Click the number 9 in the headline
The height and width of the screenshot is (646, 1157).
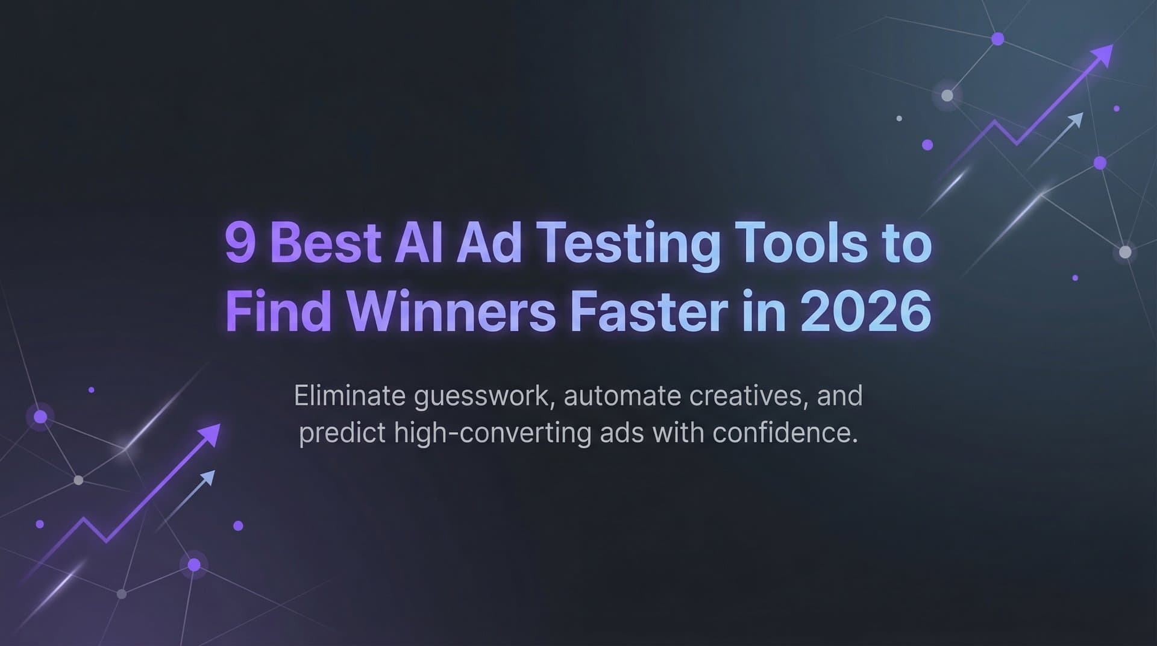click(x=239, y=244)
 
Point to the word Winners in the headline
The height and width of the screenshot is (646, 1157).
click(x=451, y=312)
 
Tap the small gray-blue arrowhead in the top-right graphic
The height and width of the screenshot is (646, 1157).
click(x=1076, y=119)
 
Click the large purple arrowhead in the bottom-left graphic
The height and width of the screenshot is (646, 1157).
click(x=210, y=433)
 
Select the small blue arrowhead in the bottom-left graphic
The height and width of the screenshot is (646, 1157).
click(x=207, y=478)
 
